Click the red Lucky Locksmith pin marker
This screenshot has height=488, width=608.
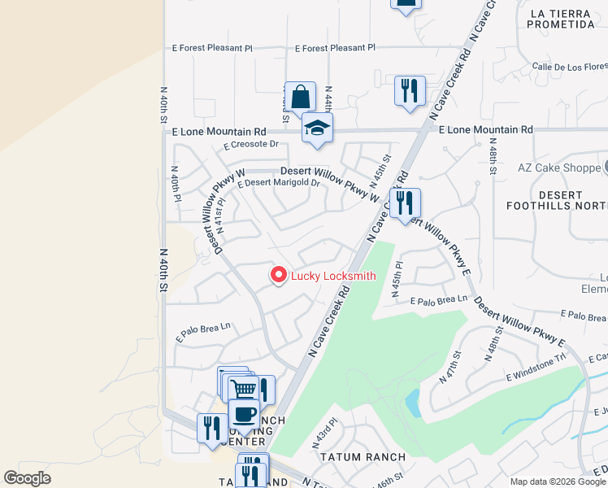pos(279,276)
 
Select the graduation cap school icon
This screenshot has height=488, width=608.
pos(317,129)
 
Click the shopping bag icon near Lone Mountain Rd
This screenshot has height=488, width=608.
pos(300,96)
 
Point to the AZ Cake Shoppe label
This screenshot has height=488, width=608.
pos(558,168)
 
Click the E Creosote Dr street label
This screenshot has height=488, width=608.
pos(251,145)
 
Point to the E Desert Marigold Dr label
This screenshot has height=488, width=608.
pos(279,184)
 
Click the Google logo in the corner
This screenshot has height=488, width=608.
pos(27,478)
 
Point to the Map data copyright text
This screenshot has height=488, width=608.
pos(557,481)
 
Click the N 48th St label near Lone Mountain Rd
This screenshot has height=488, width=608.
pos(493,159)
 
